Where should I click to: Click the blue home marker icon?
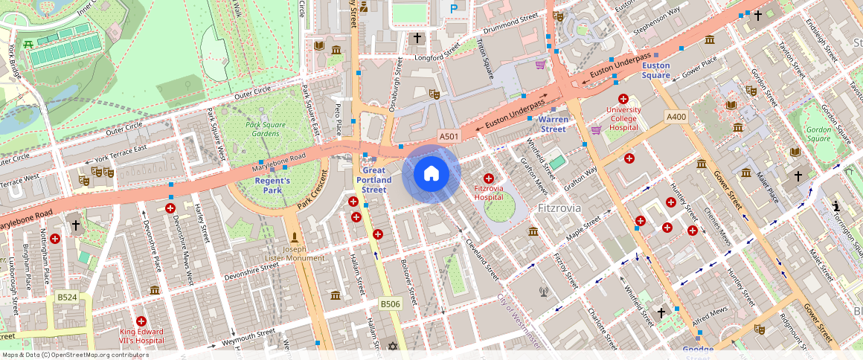click(x=431, y=174)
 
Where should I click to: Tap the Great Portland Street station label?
click(x=374, y=179)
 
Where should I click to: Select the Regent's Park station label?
click(x=272, y=185)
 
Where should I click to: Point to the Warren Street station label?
click(x=553, y=124)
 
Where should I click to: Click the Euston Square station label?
click(x=656, y=71)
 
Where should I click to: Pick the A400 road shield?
click(x=676, y=117)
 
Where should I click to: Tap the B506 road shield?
click(x=391, y=303)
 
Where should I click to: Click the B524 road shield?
click(x=68, y=298)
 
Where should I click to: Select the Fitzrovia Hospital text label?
click(x=489, y=193)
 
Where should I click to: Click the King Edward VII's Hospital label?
click(x=141, y=335)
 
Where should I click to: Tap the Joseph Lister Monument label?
click(x=295, y=254)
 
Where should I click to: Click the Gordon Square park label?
click(x=818, y=133)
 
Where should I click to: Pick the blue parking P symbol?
click(x=453, y=9)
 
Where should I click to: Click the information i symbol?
click(x=836, y=206)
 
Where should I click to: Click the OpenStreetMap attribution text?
click(x=75, y=355)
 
